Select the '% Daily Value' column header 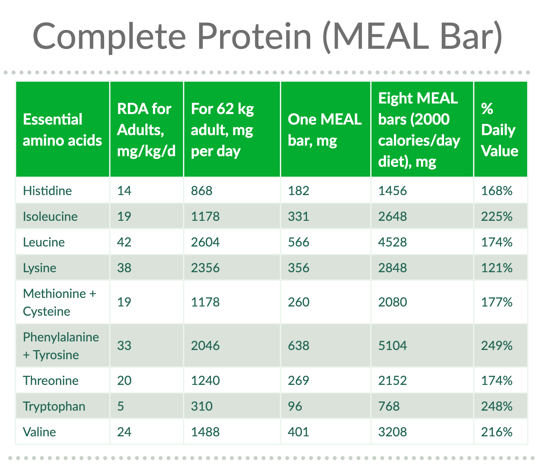[499, 130]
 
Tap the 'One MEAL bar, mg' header [324, 130]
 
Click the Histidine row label [47, 191]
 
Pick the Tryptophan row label [54, 406]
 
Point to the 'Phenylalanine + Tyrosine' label [61, 346]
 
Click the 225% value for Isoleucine [497, 217]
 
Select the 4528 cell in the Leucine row [392, 242]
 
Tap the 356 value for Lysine [298, 268]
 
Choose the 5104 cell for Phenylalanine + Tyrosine [392, 346]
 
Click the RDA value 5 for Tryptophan [121, 406]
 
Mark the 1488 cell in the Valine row [205, 432]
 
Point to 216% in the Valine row [497, 432]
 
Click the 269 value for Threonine [298, 381]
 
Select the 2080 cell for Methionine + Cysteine [392, 302]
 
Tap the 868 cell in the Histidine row [202, 191]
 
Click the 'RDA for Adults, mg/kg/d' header [146, 130]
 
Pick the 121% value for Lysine [497, 268]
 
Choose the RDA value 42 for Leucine [124, 242]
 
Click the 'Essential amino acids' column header [62, 130]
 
